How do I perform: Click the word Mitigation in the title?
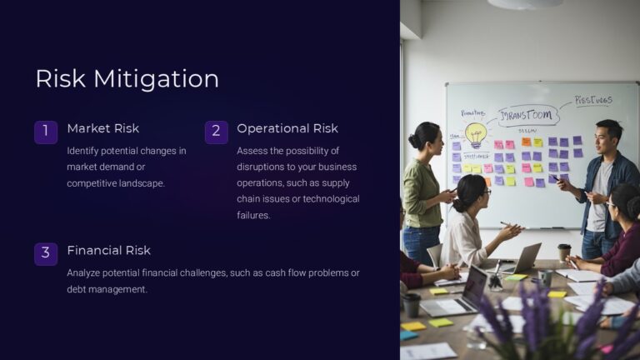click(156, 78)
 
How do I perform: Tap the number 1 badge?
click(46, 132)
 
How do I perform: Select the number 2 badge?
click(216, 132)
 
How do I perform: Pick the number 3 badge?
click(46, 253)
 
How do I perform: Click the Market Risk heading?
click(102, 128)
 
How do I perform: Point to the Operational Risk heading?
click(287, 128)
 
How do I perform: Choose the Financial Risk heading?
click(108, 250)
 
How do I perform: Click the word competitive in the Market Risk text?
click(95, 182)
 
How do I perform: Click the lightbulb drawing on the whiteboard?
click(475, 132)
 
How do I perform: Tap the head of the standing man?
click(607, 134)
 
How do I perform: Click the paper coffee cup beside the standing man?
click(563, 252)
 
